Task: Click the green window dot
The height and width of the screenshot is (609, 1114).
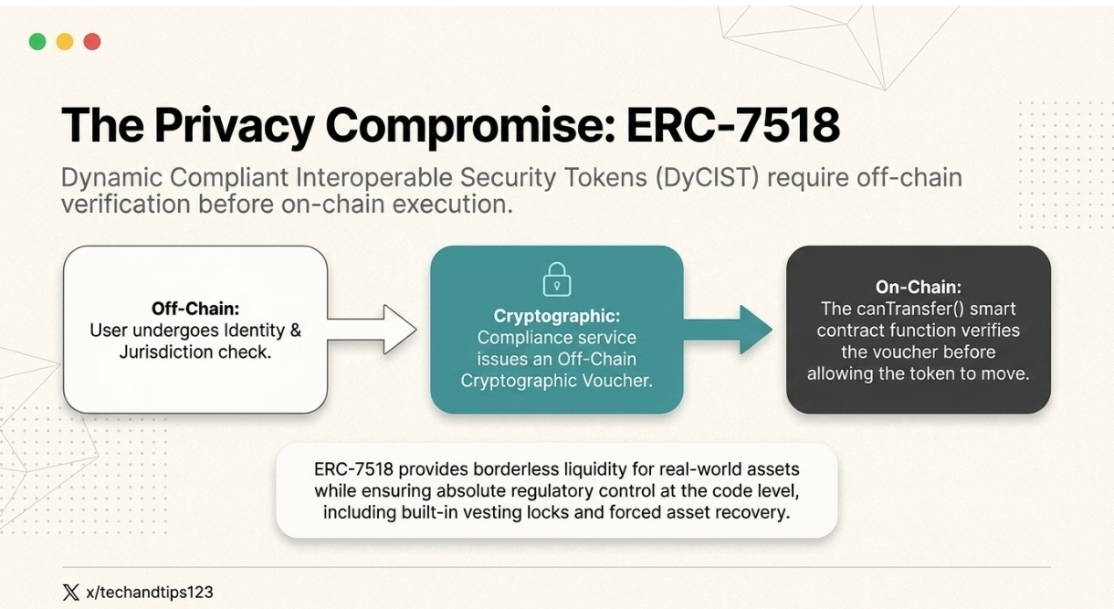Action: (37, 42)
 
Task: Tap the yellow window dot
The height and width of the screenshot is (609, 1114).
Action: (65, 42)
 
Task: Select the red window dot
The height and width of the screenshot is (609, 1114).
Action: (92, 42)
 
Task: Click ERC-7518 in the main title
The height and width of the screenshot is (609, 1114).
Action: (733, 125)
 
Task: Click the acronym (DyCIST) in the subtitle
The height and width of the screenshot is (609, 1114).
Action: (707, 178)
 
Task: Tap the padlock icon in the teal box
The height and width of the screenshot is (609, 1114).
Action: (556, 279)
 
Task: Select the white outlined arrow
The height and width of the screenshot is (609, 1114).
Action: (372, 330)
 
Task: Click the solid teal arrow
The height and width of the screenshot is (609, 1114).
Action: (728, 330)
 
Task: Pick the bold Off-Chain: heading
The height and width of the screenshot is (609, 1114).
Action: (195, 309)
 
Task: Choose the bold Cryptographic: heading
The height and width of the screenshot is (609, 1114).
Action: (557, 316)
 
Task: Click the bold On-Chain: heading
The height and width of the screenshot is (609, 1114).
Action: (918, 287)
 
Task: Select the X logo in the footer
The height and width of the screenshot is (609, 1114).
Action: (71, 592)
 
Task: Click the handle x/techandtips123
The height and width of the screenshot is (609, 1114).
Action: (149, 592)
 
